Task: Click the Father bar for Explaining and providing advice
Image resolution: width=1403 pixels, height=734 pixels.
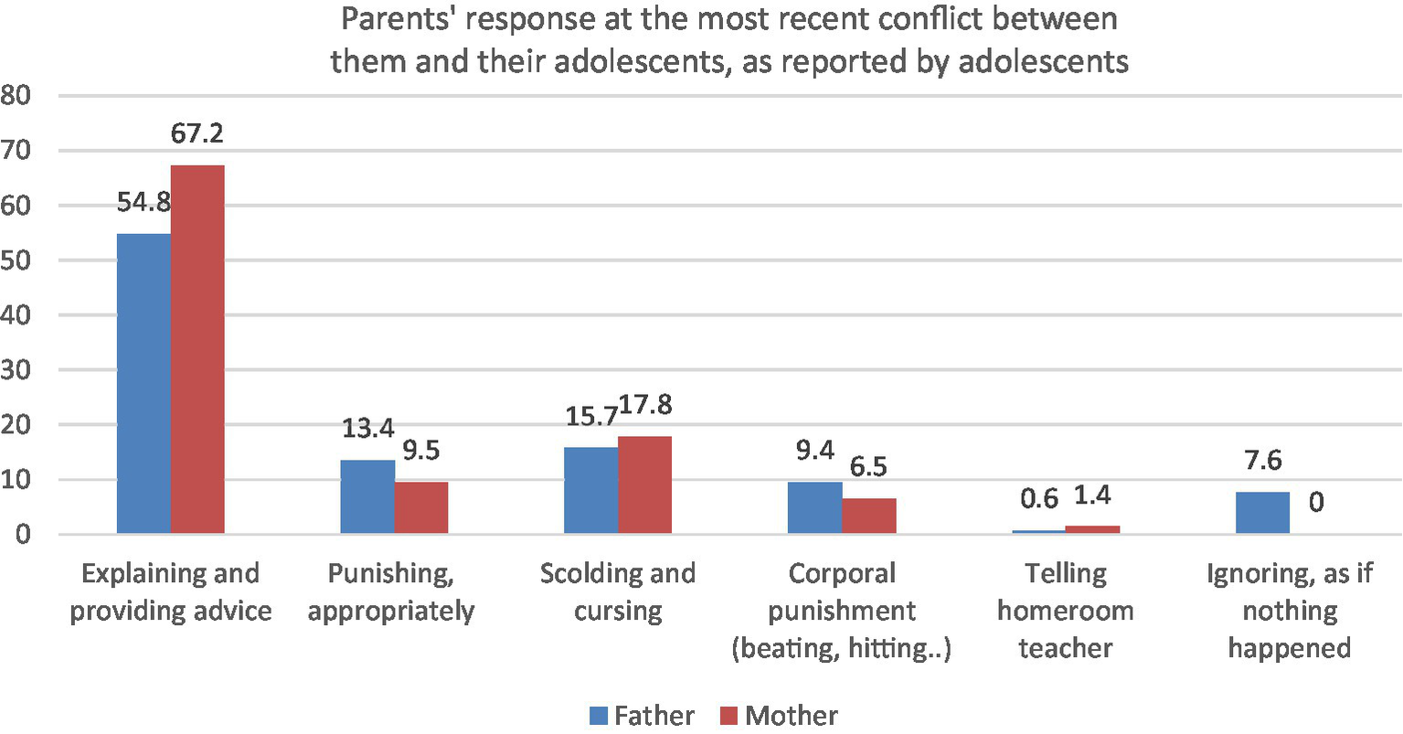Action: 143,383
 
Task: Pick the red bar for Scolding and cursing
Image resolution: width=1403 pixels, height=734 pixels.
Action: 644,484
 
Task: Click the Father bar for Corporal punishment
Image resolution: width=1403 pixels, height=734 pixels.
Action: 814,507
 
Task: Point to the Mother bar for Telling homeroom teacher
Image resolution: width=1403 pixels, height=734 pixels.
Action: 1092,529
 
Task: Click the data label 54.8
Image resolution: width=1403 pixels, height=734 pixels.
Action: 143,202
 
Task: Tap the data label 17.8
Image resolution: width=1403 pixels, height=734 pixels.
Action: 645,405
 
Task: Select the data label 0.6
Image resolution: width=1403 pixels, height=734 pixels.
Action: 1039,498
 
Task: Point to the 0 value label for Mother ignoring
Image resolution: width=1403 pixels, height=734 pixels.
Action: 1315,502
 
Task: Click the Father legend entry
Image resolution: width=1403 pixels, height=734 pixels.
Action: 643,715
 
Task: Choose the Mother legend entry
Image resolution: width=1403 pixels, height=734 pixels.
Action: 780,715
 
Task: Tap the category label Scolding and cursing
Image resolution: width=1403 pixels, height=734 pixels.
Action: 618,591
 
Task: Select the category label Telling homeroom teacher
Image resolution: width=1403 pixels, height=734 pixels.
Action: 1065,610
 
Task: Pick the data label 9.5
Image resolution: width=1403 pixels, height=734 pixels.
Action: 421,451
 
